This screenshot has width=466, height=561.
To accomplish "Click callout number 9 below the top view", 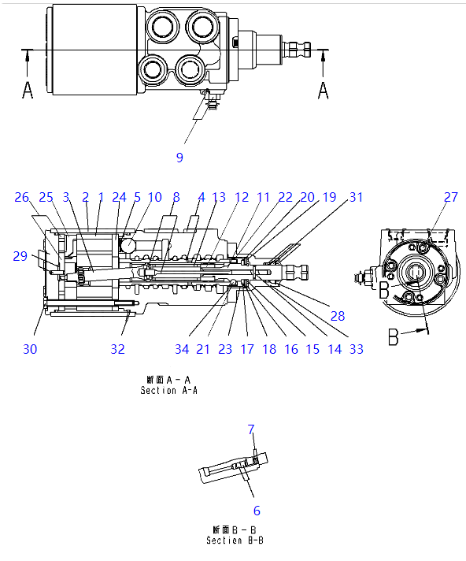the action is click(179, 158).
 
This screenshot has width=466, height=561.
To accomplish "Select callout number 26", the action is click(21, 197).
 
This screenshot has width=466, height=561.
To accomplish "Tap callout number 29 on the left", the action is click(20, 256).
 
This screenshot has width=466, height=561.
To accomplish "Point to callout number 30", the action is click(30, 349).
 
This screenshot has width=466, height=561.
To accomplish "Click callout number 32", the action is click(117, 349).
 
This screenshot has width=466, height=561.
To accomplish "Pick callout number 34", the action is click(182, 349).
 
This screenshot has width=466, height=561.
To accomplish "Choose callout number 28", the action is click(338, 316).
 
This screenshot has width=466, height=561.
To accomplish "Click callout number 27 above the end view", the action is click(451, 197).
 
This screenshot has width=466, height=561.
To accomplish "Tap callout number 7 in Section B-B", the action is click(251, 429).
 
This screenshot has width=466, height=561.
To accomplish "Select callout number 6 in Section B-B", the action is click(257, 511).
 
